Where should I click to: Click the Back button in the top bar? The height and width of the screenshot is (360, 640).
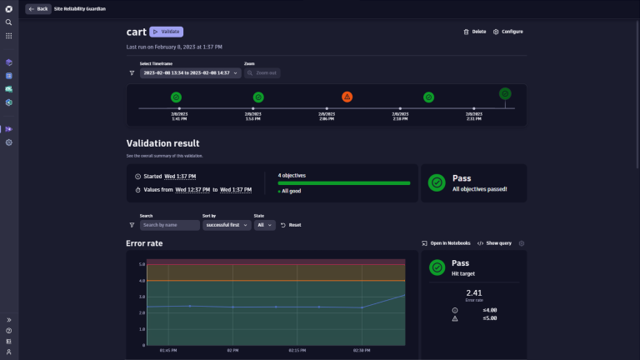(38, 8)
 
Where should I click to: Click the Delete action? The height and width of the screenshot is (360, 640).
(474, 32)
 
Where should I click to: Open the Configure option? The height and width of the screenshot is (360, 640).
(508, 32)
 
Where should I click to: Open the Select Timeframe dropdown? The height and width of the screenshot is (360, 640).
(190, 72)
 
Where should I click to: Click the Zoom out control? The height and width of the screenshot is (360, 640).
(263, 72)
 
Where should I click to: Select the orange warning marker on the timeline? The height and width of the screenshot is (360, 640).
(347, 97)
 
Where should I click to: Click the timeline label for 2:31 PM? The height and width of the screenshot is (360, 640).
(473, 117)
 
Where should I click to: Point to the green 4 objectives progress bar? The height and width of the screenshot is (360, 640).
(343, 182)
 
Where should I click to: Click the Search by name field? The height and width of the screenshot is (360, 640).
(170, 225)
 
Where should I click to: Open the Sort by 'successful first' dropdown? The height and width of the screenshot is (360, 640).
(227, 225)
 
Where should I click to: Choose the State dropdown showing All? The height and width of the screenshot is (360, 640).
(265, 225)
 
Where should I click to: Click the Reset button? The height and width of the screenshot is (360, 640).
(291, 225)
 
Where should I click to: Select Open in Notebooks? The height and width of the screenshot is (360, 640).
(447, 243)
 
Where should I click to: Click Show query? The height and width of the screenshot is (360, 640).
(496, 243)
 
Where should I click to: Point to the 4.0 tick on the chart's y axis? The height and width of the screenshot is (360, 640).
(142, 281)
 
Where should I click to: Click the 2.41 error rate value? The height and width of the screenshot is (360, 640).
(473, 292)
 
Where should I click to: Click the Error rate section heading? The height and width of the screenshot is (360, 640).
(144, 243)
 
